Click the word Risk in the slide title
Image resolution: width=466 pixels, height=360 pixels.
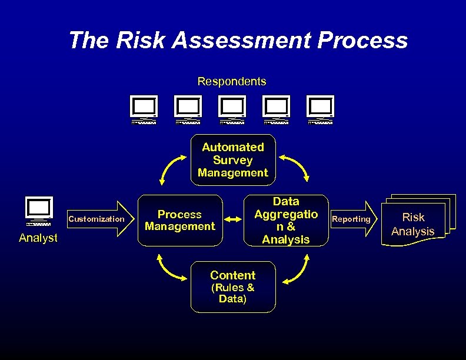pyautogui.click(x=135, y=41)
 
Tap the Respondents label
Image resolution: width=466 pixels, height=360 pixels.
pyautogui.click(x=232, y=81)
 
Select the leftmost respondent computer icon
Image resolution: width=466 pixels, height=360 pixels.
pyautogui.click(x=144, y=110)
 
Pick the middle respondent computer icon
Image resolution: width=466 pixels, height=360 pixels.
pyautogui.click(x=232, y=110)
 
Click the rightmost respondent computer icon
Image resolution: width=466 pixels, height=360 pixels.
pyautogui.click(x=321, y=110)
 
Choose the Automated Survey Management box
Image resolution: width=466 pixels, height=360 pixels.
pyautogui.click(x=233, y=160)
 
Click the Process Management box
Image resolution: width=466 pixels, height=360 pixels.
pyautogui.click(x=180, y=220)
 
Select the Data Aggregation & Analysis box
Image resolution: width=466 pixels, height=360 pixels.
pyautogui.click(x=286, y=220)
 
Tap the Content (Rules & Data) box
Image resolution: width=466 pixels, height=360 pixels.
pyautogui.click(x=233, y=286)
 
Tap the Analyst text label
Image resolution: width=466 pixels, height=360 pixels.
pyautogui.click(x=38, y=238)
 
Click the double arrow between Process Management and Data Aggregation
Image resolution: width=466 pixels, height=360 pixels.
pyautogui.click(x=234, y=220)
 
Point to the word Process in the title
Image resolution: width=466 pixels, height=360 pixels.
pyautogui.click(x=362, y=41)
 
